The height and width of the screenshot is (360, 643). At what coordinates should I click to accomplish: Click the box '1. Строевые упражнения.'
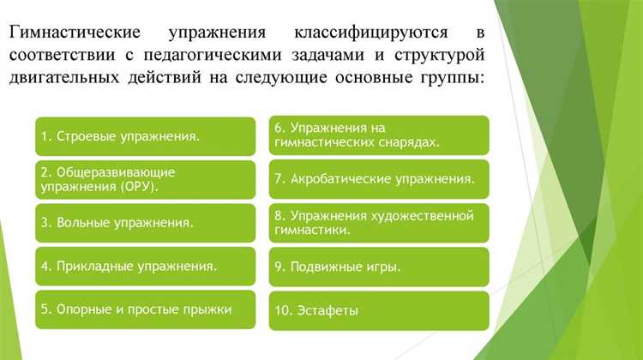(x=145, y=135)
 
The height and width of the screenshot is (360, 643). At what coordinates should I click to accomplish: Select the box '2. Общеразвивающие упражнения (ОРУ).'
(x=145, y=178)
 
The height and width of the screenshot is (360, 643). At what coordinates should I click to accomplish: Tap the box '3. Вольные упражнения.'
(x=145, y=223)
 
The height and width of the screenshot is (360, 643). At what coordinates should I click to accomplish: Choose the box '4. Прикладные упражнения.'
(x=145, y=266)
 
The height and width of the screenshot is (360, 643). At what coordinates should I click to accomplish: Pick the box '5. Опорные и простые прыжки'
(x=145, y=309)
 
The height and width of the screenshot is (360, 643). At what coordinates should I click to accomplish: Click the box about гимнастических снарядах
(x=379, y=135)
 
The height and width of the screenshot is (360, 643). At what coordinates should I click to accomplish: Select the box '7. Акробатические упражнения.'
(x=379, y=179)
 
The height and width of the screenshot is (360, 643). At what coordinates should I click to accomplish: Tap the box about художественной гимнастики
(x=379, y=223)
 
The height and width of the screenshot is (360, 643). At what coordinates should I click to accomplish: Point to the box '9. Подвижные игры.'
(x=379, y=267)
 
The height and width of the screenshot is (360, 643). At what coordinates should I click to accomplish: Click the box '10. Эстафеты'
(x=379, y=310)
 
